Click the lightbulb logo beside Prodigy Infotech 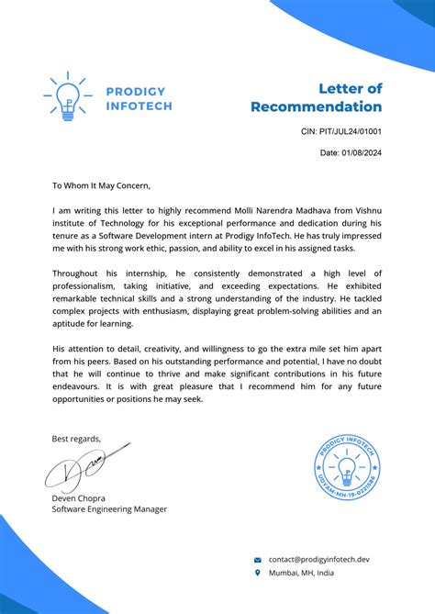[x=65, y=98]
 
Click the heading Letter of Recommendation [x=317, y=97]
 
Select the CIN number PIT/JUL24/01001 [x=341, y=132]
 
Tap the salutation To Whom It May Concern [x=107, y=184]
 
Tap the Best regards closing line [x=76, y=438]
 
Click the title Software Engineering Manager [x=109, y=508]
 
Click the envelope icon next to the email [x=258, y=559]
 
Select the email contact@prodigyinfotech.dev [x=318, y=559]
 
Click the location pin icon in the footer [x=258, y=573]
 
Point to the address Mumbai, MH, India [x=301, y=573]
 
